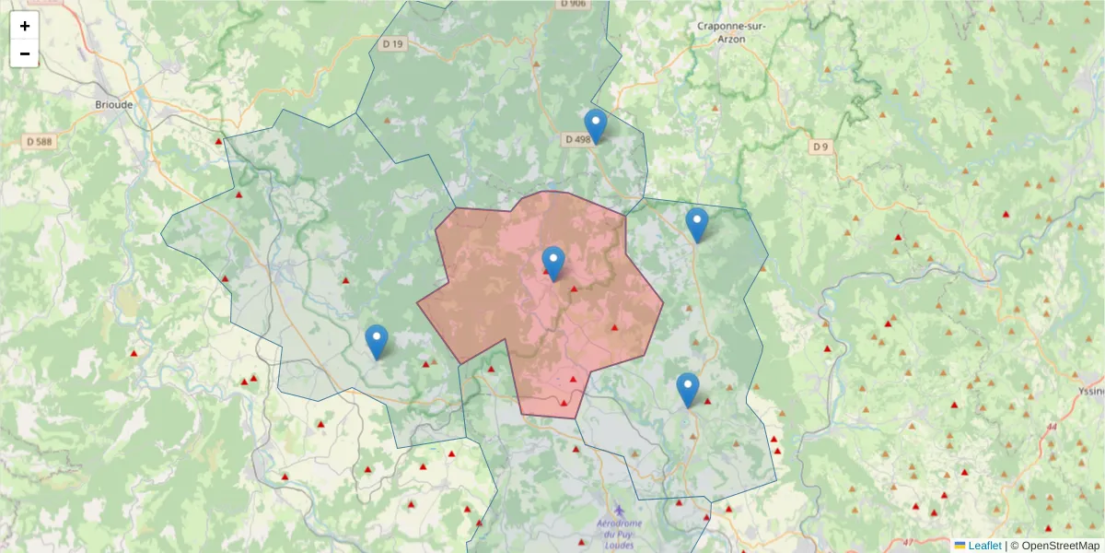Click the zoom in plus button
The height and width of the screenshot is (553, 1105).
[x=25, y=26]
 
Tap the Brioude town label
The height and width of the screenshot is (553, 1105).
[x=114, y=104]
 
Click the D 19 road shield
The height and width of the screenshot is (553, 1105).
[x=393, y=43]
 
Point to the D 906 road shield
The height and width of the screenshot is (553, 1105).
[x=572, y=4]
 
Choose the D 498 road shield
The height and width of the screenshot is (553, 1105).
[x=576, y=139]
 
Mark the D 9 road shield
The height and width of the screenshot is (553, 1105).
[x=820, y=147]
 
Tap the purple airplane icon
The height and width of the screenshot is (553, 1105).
[x=618, y=510]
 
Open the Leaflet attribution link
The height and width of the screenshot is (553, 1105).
[x=984, y=546]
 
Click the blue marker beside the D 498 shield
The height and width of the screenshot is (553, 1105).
[x=596, y=126]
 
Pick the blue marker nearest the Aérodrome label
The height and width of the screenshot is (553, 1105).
[x=687, y=390]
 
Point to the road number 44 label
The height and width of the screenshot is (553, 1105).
[x=1051, y=427]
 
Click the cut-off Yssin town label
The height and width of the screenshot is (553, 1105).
[x=1090, y=391]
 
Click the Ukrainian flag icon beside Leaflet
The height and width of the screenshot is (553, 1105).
[x=960, y=546]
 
